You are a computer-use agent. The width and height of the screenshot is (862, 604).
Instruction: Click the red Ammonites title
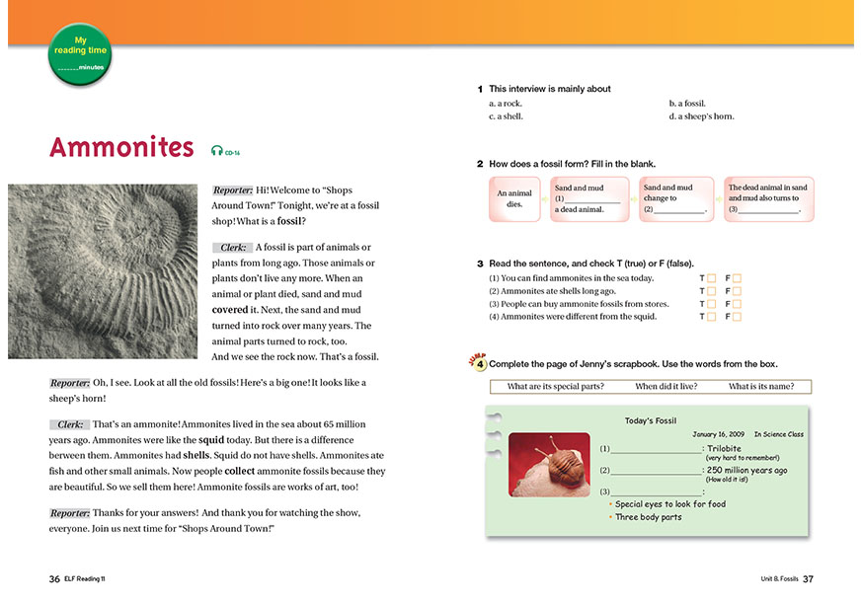[121, 148]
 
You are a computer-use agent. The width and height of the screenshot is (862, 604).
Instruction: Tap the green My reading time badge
[80, 53]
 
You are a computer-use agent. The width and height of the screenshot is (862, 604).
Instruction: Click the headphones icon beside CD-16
[216, 151]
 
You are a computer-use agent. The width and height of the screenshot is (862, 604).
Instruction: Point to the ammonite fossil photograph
[106, 268]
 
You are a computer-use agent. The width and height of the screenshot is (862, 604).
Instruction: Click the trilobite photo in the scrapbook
[549, 464]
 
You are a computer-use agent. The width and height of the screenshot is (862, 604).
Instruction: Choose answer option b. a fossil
[688, 103]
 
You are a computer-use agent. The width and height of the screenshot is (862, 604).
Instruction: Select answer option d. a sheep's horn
[701, 116]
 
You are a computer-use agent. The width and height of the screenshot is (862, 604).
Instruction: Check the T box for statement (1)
[712, 278]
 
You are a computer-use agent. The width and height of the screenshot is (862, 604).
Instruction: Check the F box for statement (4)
[737, 317]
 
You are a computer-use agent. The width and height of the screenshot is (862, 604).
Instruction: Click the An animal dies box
[513, 199]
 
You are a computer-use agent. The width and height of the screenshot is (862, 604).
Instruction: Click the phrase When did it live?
[667, 387]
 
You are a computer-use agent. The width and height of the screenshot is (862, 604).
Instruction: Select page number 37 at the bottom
[808, 578]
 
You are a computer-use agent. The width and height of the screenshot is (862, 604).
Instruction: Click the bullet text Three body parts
[648, 517]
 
